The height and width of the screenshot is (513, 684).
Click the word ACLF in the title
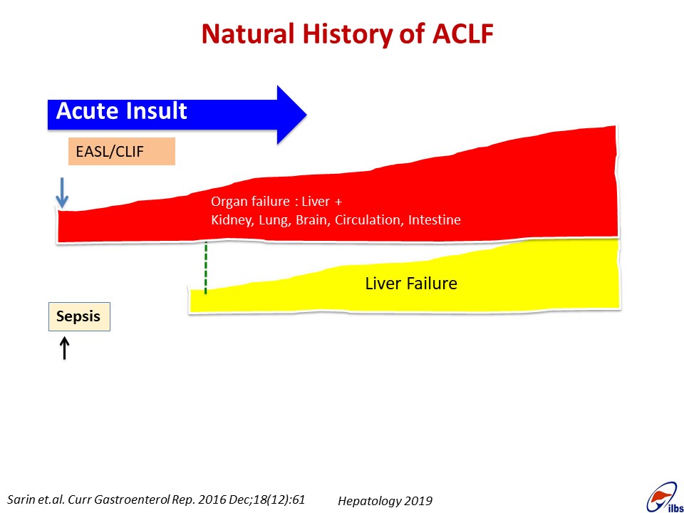click(x=463, y=33)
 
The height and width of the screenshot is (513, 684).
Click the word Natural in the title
click(x=248, y=33)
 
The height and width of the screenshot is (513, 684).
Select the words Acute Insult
click(x=122, y=111)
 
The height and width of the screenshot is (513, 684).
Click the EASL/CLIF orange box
click(x=122, y=151)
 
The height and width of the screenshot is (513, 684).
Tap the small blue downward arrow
click(x=62, y=192)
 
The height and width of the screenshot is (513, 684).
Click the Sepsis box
click(x=79, y=316)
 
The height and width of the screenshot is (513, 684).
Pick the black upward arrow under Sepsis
click(x=65, y=348)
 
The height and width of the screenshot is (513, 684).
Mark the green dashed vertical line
click(x=205, y=269)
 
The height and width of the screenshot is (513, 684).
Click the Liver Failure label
click(x=411, y=284)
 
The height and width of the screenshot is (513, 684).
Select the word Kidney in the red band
click(x=232, y=220)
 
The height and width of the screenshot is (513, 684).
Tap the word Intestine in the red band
click(x=434, y=219)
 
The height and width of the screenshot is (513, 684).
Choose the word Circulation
click(x=368, y=219)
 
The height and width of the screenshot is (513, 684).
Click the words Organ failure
click(x=250, y=202)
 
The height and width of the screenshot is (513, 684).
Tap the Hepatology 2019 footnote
click(x=385, y=501)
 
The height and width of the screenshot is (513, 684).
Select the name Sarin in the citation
click(x=20, y=499)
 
